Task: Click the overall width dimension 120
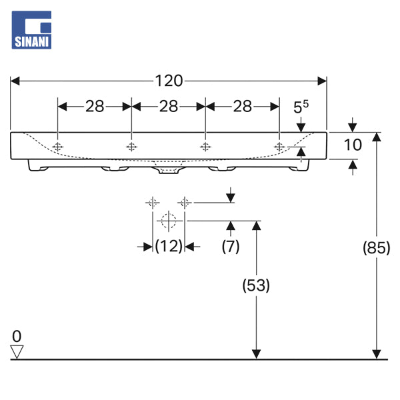point(169,81)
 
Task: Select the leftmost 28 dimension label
point(95,105)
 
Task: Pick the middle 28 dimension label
point(169,105)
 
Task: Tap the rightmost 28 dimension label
point(242,105)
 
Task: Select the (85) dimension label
point(377,248)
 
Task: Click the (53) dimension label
point(255,285)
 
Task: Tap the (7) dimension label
point(231,246)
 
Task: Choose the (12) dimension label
point(169,246)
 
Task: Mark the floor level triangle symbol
point(17,351)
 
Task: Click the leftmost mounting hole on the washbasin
point(59,146)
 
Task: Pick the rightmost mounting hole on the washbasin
point(279,146)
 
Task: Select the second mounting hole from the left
point(132,146)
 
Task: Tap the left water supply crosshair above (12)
point(153,201)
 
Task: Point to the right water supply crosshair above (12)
point(185,201)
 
